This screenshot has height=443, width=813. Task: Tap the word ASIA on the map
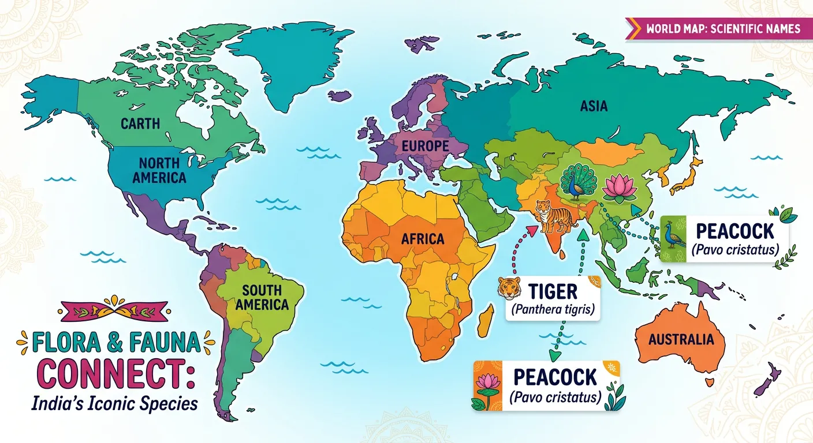pyautogui.click(x=594, y=106)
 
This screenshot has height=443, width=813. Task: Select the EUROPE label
pyautogui.click(x=425, y=146)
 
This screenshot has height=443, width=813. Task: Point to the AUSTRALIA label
pyautogui.click(x=681, y=339)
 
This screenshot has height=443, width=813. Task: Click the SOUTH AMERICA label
pyautogui.click(x=262, y=297)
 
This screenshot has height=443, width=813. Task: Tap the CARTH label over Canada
pyautogui.click(x=140, y=123)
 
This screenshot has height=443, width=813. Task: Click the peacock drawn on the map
pyautogui.click(x=578, y=181)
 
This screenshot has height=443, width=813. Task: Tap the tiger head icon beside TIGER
pyautogui.click(x=510, y=288)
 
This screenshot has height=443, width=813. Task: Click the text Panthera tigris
pyautogui.click(x=552, y=310)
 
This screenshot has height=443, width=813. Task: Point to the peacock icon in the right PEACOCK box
pyautogui.click(x=673, y=238)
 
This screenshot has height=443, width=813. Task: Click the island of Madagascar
pyautogui.click(x=487, y=320)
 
